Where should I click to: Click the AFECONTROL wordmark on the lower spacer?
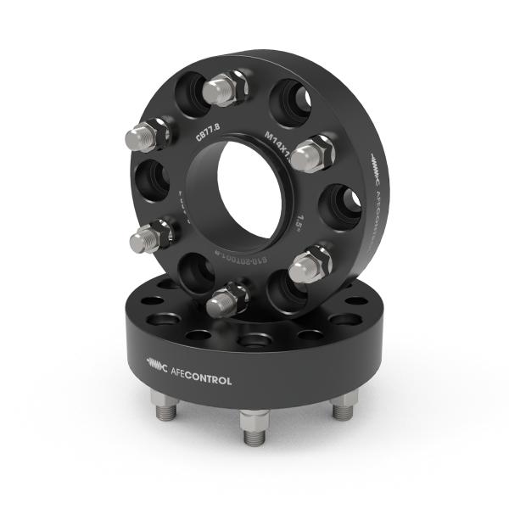(x=202, y=380)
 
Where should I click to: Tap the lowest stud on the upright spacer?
(x=228, y=299)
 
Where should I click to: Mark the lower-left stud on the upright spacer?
(x=153, y=237)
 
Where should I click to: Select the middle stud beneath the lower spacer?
(x=254, y=425)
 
